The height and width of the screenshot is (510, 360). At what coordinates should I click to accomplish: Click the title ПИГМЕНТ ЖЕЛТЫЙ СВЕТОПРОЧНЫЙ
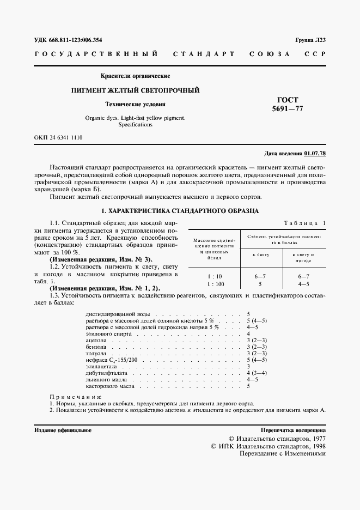(x=136, y=90)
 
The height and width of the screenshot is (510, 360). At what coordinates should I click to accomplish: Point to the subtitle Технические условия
(x=136, y=104)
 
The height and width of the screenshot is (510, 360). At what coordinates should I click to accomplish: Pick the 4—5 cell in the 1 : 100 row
(x=301, y=284)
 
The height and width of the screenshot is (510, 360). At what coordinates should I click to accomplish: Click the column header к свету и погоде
(x=301, y=257)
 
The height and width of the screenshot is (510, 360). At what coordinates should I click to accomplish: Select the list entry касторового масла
(x=111, y=386)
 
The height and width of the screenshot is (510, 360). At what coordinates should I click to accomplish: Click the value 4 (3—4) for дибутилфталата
(x=257, y=372)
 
